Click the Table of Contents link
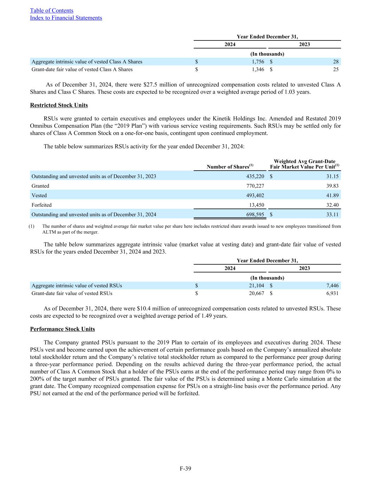tap(52, 11)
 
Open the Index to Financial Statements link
tap(66, 18)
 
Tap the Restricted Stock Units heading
tap(59, 105)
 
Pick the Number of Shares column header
tap(230, 167)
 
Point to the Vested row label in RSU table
tap(39, 196)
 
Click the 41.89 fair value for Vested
tap(332, 196)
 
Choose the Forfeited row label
tap(41, 205)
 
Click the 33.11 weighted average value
tap(332, 215)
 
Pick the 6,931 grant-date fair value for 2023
tap(332, 293)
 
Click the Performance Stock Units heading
tap(63, 329)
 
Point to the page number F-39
tap(185, 468)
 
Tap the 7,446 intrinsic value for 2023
tap(332, 286)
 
